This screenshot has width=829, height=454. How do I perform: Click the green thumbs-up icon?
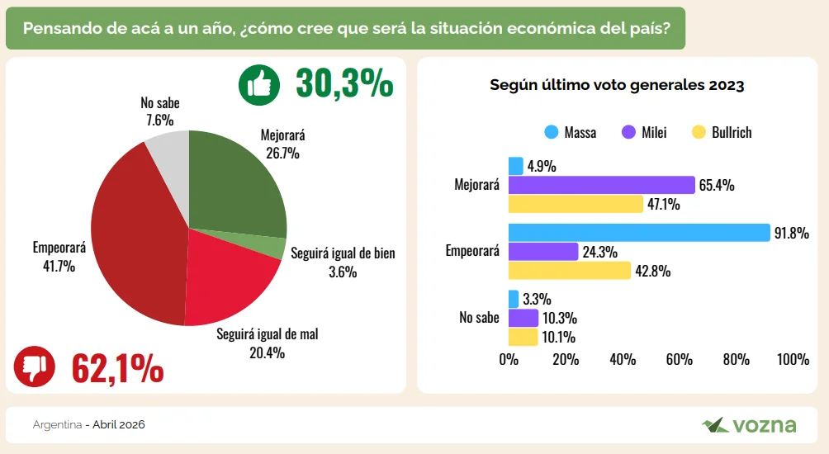[x=259, y=85]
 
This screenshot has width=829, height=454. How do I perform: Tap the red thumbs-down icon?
[x=35, y=366]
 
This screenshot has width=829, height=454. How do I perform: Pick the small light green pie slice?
[x=274, y=246]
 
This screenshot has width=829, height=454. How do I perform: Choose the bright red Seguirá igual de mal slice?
[x=223, y=277]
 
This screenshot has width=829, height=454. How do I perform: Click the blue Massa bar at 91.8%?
[x=638, y=233]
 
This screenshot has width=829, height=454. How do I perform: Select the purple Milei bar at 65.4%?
[x=601, y=185]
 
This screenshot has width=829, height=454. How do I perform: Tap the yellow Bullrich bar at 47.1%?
[x=575, y=204]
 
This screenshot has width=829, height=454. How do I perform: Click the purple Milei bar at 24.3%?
[x=542, y=252]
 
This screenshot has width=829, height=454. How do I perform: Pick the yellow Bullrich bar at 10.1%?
[x=523, y=337]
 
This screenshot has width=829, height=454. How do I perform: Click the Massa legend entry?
[x=571, y=132]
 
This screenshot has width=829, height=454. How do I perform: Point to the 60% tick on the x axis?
[x=679, y=359]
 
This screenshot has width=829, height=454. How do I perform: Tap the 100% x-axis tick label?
[x=793, y=359]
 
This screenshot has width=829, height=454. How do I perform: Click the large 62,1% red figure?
[x=117, y=367]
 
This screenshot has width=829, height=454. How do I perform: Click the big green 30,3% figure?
[x=344, y=84]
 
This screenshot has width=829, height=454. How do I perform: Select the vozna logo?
[x=749, y=425]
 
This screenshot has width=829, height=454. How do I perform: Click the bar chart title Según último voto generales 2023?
[x=617, y=85]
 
